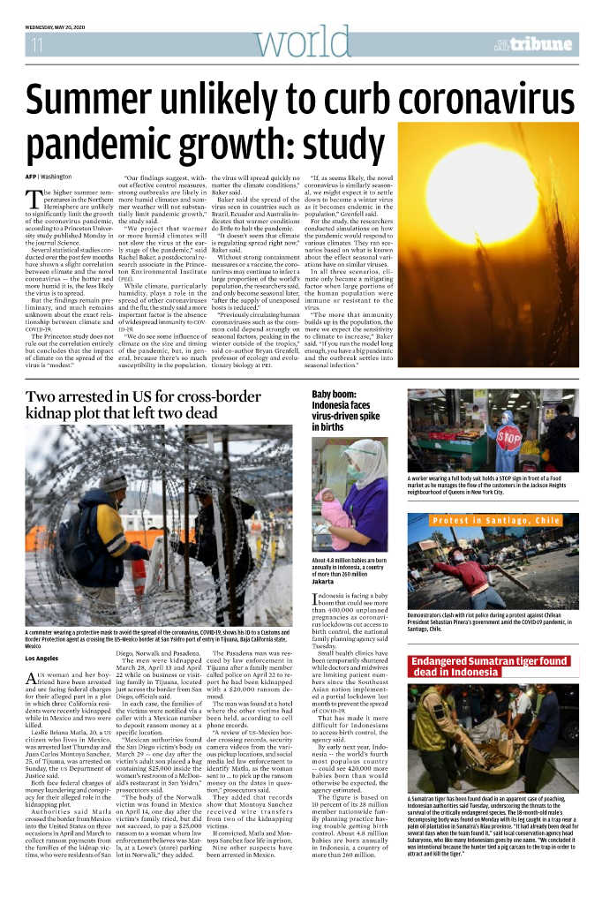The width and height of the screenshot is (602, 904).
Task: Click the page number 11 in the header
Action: click(37, 44)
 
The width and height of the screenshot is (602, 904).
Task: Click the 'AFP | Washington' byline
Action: click(49, 177)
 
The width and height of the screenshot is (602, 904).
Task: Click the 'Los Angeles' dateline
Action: click(43, 659)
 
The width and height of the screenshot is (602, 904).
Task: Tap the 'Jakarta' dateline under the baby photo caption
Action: click(324, 583)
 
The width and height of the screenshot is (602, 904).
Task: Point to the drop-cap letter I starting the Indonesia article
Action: click(316, 601)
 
